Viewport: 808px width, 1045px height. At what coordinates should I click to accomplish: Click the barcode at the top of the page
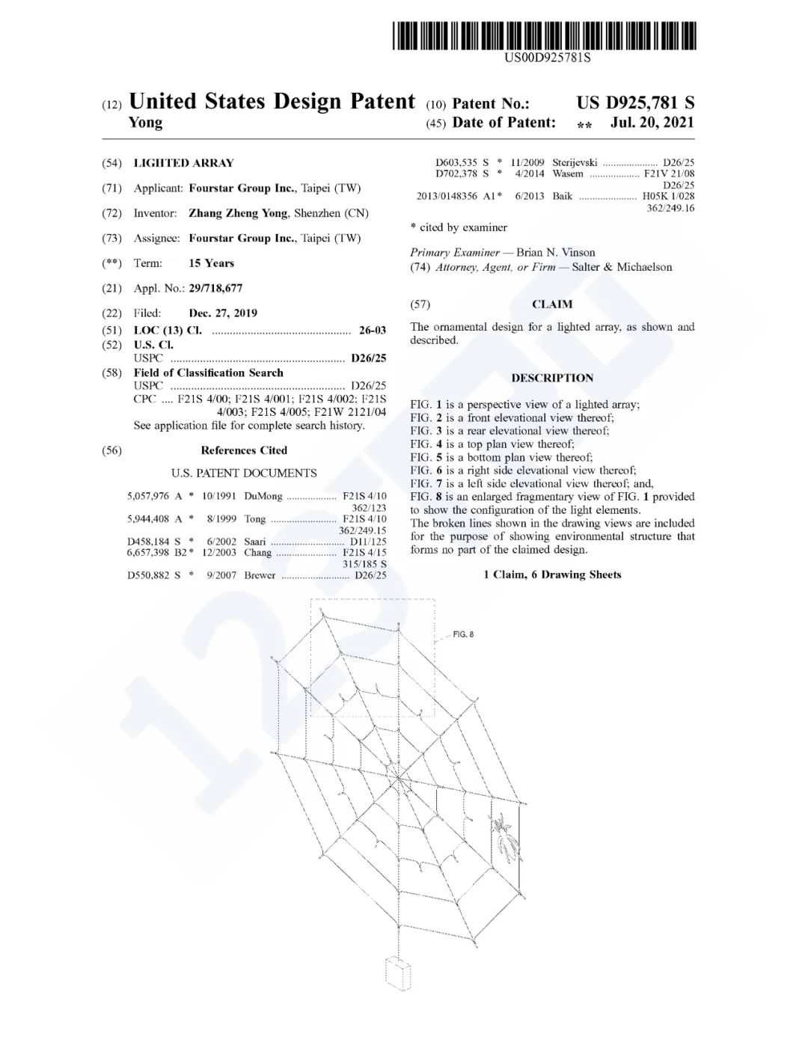tap(545, 36)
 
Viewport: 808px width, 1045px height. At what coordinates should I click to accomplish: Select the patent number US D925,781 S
tap(635, 103)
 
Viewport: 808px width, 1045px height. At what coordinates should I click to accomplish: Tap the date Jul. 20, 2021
tap(652, 123)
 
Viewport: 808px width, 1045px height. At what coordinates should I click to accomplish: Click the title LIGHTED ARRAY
tap(183, 163)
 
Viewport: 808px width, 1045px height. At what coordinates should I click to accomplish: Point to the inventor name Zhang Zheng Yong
tap(238, 213)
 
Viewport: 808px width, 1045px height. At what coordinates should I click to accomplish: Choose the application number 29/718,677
tap(215, 288)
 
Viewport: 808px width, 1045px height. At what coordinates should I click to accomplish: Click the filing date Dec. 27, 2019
tap(223, 313)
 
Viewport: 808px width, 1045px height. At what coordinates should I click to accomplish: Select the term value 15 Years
tap(211, 263)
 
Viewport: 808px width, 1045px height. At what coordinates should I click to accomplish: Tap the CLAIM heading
tap(552, 304)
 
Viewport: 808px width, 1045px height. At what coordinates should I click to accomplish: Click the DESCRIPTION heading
tap(552, 378)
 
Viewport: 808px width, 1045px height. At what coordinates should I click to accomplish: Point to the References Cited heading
tap(244, 450)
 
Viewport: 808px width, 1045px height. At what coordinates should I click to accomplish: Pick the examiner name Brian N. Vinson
tap(556, 252)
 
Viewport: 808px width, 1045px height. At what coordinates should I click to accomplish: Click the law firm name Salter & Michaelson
tap(622, 267)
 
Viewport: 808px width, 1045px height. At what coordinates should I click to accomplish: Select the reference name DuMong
tap(263, 496)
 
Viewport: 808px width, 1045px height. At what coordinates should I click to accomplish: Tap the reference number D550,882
tap(150, 575)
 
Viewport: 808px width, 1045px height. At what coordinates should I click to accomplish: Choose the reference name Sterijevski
tap(575, 162)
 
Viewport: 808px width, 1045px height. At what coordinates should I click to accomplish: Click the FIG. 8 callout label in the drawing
tap(463, 634)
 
